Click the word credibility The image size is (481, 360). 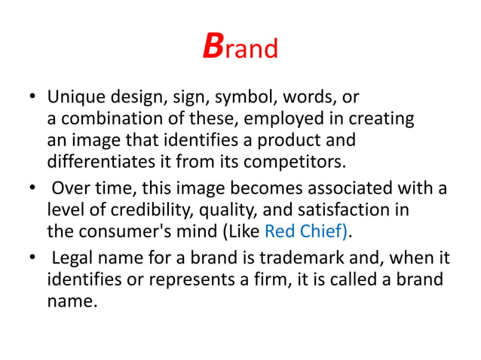coord(133,207)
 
